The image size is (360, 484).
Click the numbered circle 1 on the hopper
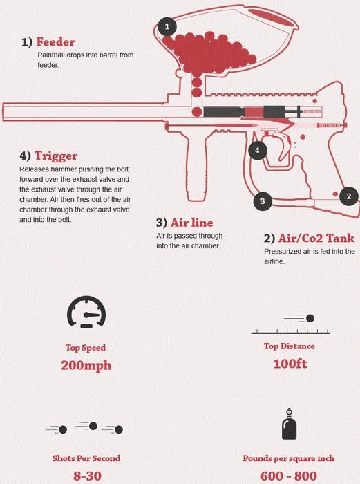coord(166,27)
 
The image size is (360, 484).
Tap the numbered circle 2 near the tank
coord(349,196)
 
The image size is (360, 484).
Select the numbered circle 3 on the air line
coord(262,201)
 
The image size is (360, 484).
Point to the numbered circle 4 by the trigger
coord(256,150)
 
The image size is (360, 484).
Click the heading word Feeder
coord(55,41)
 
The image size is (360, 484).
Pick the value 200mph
coord(86,365)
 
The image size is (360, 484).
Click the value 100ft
coord(290,364)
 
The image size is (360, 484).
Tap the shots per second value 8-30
coord(86,476)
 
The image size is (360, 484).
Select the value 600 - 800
coord(290,476)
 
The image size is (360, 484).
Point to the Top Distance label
coord(290,346)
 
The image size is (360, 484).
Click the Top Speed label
coord(86,348)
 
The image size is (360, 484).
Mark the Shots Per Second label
coord(86,458)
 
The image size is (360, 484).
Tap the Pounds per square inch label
coord(290,458)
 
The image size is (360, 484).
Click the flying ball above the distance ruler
coord(310,319)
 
